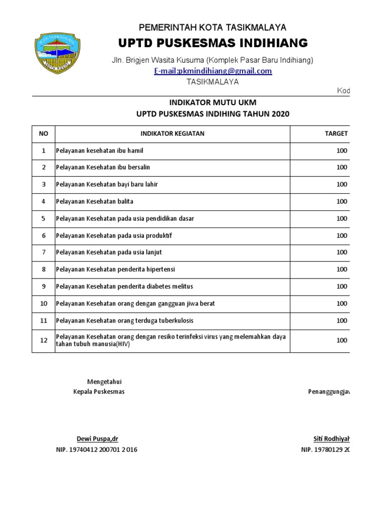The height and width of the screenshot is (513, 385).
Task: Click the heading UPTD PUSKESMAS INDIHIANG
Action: click(213, 43)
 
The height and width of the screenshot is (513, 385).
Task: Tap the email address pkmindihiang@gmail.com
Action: click(213, 71)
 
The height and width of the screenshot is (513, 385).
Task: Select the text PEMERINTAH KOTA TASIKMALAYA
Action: click(213, 28)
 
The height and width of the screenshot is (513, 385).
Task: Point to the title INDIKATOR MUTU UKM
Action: click(213, 103)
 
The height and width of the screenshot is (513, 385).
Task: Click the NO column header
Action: click(44, 134)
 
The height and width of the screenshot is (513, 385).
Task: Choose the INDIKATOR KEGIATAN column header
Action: click(172, 134)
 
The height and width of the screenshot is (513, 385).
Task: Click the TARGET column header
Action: click(336, 134)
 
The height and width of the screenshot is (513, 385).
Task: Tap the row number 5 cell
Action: click(44, 218)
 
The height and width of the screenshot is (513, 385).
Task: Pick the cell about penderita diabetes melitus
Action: click(124, 287)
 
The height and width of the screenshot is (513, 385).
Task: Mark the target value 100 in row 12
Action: click(341, 340)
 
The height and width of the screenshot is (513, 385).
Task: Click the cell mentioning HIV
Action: click(170, 340)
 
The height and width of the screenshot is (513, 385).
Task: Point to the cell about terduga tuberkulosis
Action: click(124, 321)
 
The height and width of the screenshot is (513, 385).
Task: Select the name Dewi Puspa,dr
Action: click(97, 439)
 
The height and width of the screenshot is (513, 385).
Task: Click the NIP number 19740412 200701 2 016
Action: click(97, 450)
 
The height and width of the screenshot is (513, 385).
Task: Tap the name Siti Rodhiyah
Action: click(331, 439)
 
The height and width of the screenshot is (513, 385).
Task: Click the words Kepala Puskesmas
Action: click(99, 392)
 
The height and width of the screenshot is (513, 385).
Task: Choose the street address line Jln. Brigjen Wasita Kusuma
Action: click(213, 60)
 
